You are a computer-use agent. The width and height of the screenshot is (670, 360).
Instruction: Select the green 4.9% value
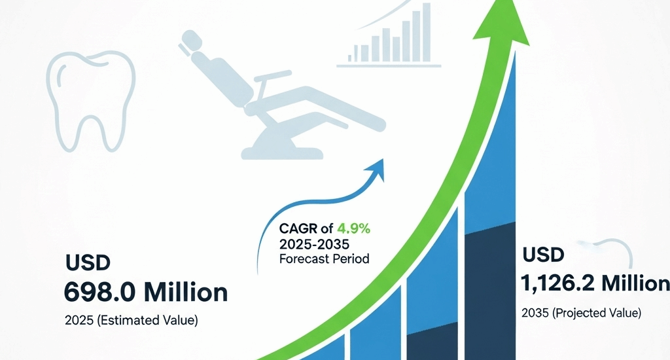(x=353, y=229)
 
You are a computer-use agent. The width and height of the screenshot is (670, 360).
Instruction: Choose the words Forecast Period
(x=324, y=259)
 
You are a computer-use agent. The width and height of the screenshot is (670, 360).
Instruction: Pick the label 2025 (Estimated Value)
(x=131, y=321)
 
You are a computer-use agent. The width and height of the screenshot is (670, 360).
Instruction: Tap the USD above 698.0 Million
(x=88, y=264)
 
